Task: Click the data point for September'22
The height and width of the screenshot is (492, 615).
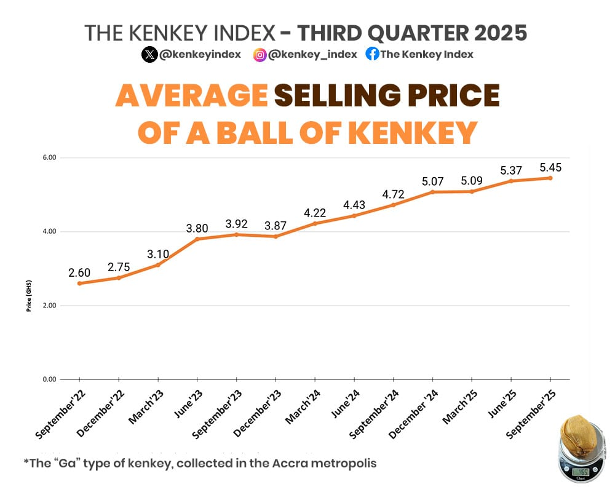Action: pyautogui.click(x=79, y=284)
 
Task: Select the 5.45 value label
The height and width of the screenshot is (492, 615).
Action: pyautogui.click(x=550, y=167)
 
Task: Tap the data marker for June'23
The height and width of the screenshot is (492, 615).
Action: pyautogui.click(x=197, y=239)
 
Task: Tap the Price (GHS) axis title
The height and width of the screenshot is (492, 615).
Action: pyautogui.click(x=29, y=296)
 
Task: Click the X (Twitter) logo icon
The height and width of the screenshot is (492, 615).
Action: pyautogui.click(x=149, y=55)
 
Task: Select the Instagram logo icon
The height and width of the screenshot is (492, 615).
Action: pyautogui.click(x=260, y=55)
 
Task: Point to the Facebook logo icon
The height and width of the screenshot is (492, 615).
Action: pyautogui.click(x=372, y=54)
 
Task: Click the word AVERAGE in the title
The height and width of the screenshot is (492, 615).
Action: pyautogui.click(x=191, y=96)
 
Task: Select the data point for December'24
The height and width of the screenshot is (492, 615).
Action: pyautogui.click(x=432, y=192)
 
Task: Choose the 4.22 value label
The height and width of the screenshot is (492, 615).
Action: pyautogui.click(x=314, y=213)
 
